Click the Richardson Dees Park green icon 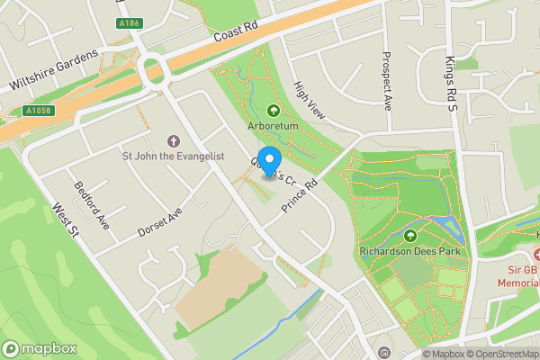pos(410,236)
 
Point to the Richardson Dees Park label pos(410,251)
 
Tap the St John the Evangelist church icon pos(174,140)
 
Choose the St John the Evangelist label pos(174,156)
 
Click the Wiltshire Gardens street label pos(53,70)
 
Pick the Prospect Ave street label pos(387,81)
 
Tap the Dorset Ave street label pos(160,222)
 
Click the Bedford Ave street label pos(91,206)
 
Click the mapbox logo pos(38,349)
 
